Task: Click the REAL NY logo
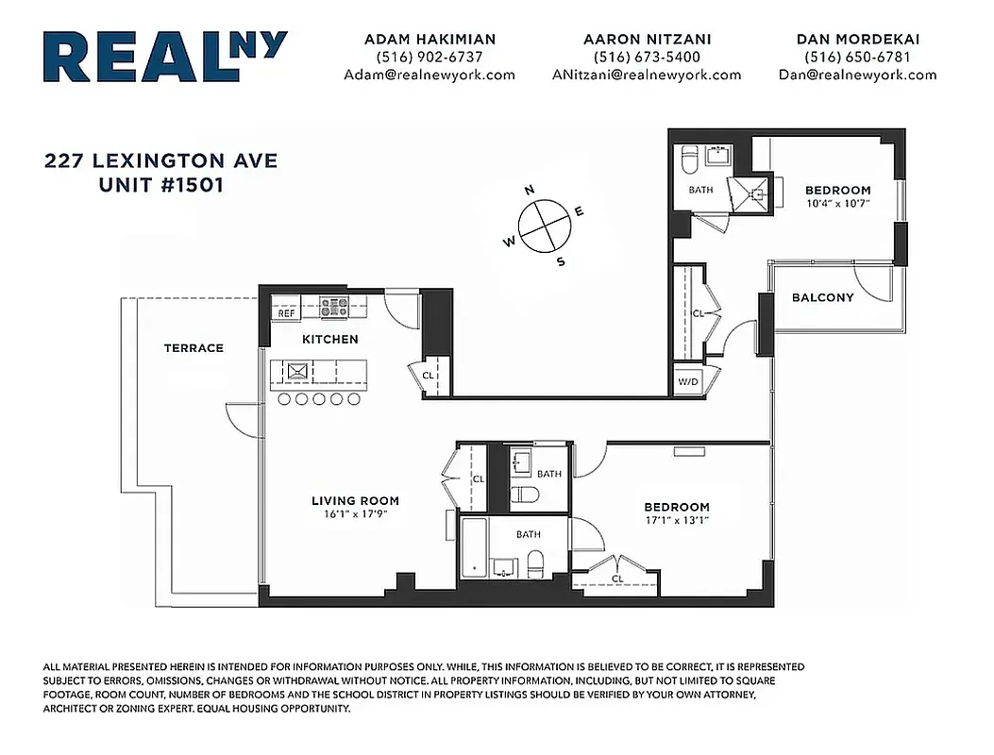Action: [x=165, y=58]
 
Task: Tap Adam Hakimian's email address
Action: [x=430, y=75]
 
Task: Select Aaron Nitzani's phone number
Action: [x=647, y=57]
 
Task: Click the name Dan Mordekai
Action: [x=857, y=40]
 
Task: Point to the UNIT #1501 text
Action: [x=161, y=185]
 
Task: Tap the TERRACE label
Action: [x=194, y=348]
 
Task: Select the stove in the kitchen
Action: [x=334, y=306]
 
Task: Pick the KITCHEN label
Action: [x=329, y=339]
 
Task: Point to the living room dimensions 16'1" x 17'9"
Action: [x=355, y=515]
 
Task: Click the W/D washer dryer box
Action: [x=686, y=382]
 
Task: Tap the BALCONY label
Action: [x=822, y=298]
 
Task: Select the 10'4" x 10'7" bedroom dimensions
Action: [x=837, y=203]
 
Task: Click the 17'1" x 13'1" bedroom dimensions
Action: [x=676, y=520]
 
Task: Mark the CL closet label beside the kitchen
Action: [x=428, y=375]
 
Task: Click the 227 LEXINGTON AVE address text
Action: [x=161, y=161]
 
